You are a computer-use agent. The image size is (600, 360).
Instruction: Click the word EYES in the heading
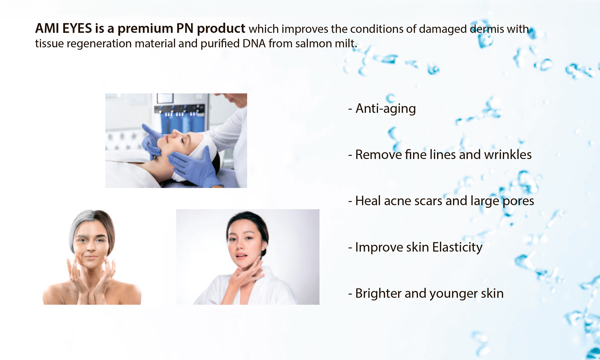click(77, 28)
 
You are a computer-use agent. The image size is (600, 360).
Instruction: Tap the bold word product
click(221, 29)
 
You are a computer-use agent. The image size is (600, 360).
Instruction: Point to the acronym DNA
click(254, 43)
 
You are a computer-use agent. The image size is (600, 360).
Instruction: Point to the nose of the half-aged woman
click(91, 247)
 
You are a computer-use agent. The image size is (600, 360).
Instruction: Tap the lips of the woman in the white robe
click(242, 256)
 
